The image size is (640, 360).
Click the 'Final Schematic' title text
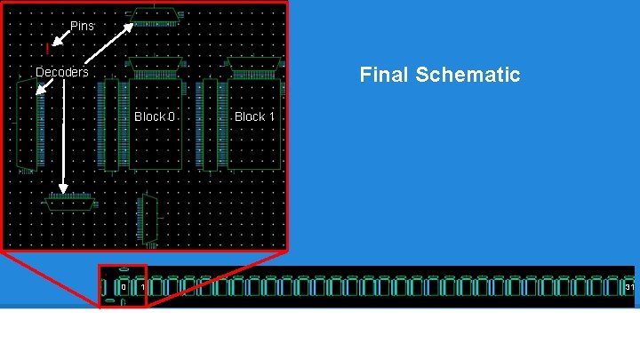pos(439,75)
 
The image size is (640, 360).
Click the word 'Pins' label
pos(82,27)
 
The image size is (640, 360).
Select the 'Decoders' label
pos(62,72)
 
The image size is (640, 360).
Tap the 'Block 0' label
pos(155,116)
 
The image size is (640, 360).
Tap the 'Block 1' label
pos(254,116)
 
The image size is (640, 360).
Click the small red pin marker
pos(47,48)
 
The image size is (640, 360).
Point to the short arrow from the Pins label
pos(59,36)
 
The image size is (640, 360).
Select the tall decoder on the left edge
pos(28,124)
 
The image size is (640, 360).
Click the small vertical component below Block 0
pos(148,220)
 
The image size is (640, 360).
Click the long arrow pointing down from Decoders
pos(62,133)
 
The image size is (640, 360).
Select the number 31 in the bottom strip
pos(629,287)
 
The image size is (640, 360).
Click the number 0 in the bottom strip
pos(123,287)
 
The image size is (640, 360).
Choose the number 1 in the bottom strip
pos(141,287)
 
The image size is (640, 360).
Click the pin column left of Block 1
pos(211,123)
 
